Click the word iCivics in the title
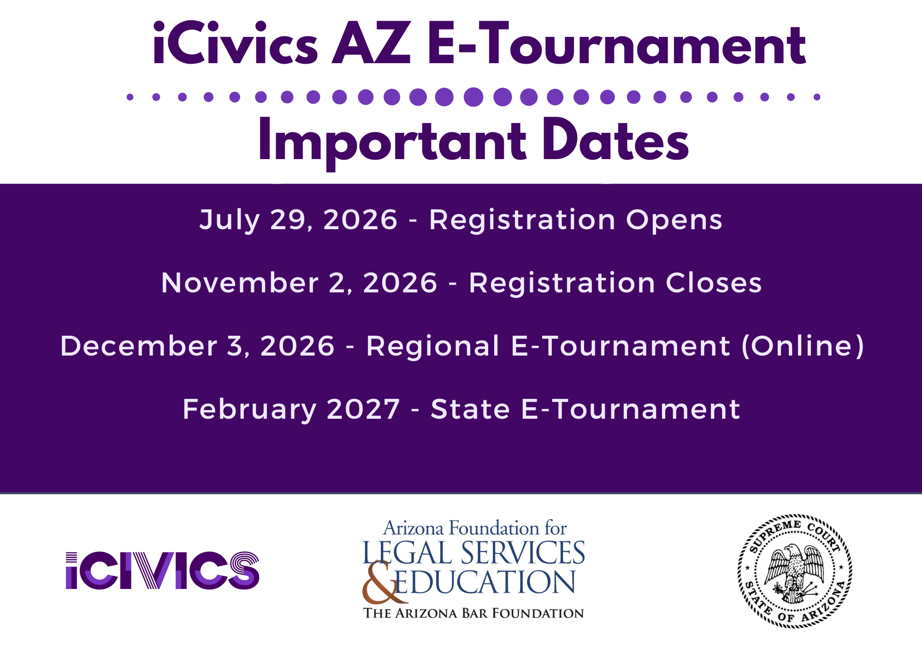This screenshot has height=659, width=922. point(235,44)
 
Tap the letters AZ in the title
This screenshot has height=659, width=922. point(372,44)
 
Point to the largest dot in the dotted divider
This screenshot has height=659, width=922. point(473,97)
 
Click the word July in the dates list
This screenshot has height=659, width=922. point(230,220)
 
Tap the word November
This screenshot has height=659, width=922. point(240,283)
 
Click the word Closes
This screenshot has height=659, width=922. point(714,283)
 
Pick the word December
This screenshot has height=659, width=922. point(139,346)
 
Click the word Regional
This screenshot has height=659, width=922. point(433,346)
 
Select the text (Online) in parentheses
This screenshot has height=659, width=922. point(803,346)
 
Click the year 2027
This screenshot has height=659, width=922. point(363,410)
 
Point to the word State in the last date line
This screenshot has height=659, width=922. point(470,410)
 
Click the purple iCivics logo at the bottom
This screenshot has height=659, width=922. point(162,570)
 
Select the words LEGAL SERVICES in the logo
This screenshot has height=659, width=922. point(473,553)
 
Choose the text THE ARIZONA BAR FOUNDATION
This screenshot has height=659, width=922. point(473,613)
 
